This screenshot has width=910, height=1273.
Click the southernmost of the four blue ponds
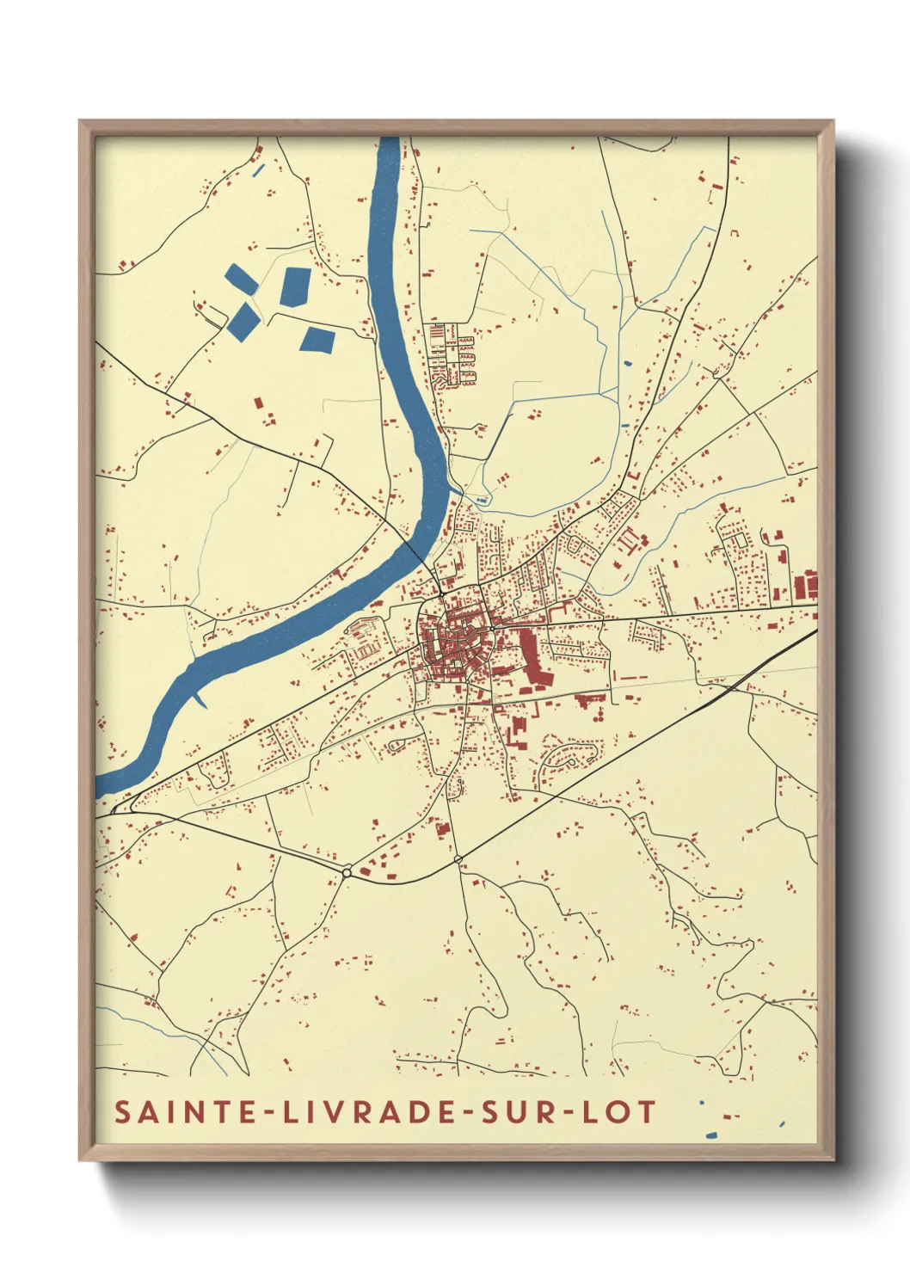coord(317,340)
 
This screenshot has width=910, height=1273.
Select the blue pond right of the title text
coord(711,1135)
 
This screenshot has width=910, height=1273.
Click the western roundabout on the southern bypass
coord(347,872)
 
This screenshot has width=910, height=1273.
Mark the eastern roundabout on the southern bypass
coord(458,858)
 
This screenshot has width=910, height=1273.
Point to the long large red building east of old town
coord(531,658)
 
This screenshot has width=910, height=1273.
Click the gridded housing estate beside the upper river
coord(453,353)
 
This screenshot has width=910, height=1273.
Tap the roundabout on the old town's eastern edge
coord(491,629)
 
